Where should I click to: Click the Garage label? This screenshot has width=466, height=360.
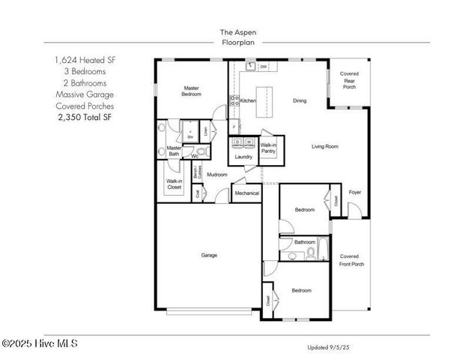pyautogui.click(x=209, y=255)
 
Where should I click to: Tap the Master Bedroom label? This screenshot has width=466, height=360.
pyautogui.click(x=191, y=91)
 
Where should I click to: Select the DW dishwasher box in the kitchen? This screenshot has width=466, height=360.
pyautogui.click(x=264, y=67)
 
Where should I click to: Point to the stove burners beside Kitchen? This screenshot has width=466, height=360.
pyautogui.click(x=234, y=100)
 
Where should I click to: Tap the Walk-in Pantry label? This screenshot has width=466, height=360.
pyautogui.click(x=268, y=148)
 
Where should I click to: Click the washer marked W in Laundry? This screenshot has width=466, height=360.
pyautogui.click(x=249, y=142)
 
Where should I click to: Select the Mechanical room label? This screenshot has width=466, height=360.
pyautogui.click(x=246, y=193)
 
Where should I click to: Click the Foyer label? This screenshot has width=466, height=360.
pyautogui.click(x=355, y=192)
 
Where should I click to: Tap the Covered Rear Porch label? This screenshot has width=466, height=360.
pyautogui.click(x=349, y=79)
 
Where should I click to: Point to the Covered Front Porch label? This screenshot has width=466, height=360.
pyautogui.click(x=350, y=260)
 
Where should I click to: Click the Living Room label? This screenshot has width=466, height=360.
pyautogui.click(x=325, y=146)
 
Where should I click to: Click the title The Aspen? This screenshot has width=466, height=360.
pyautogui.click(x=233, y=32)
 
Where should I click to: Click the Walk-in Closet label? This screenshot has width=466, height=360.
pyautogui.click(x=174, y=184)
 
